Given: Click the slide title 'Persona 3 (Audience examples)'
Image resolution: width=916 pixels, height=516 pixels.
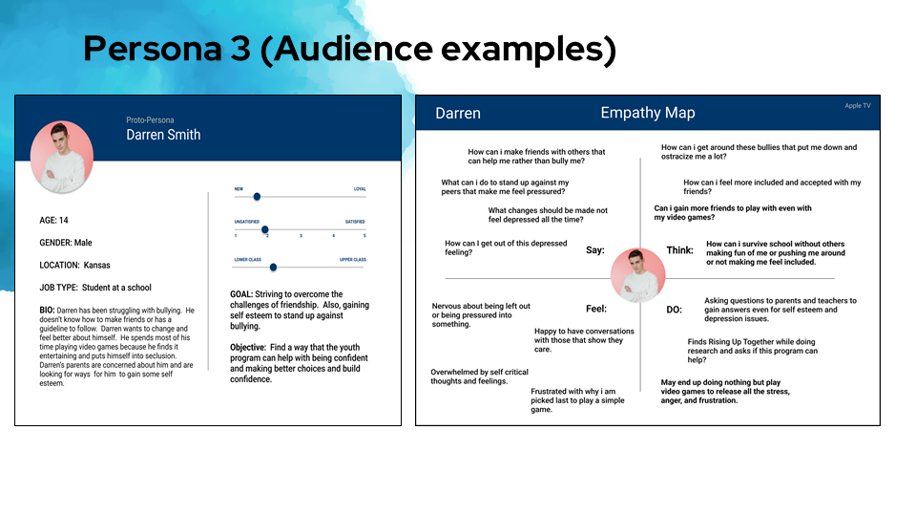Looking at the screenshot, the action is [349, 49].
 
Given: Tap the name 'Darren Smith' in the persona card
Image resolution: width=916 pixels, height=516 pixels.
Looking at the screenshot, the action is [163, 135].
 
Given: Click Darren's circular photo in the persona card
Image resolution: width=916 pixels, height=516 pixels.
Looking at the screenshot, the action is [62, 157].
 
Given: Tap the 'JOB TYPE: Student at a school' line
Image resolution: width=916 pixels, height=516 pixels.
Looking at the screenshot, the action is [95, 288].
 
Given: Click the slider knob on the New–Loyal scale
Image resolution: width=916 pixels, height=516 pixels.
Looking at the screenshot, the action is [257, 196].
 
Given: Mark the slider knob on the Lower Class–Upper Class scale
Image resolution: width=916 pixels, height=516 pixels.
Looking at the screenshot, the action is [273, 268].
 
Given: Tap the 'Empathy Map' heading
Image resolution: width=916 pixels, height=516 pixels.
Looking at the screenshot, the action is [647, 113].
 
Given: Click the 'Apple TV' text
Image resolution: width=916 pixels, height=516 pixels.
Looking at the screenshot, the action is [857, 106].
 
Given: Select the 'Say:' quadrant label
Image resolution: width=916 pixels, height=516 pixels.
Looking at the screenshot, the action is [595, 250].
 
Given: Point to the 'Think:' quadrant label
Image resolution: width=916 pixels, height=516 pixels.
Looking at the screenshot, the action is [679, 250].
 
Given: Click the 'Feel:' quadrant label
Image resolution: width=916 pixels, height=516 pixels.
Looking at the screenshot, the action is [596, 309].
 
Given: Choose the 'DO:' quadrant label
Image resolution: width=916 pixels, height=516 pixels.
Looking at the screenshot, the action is [674, 310].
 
